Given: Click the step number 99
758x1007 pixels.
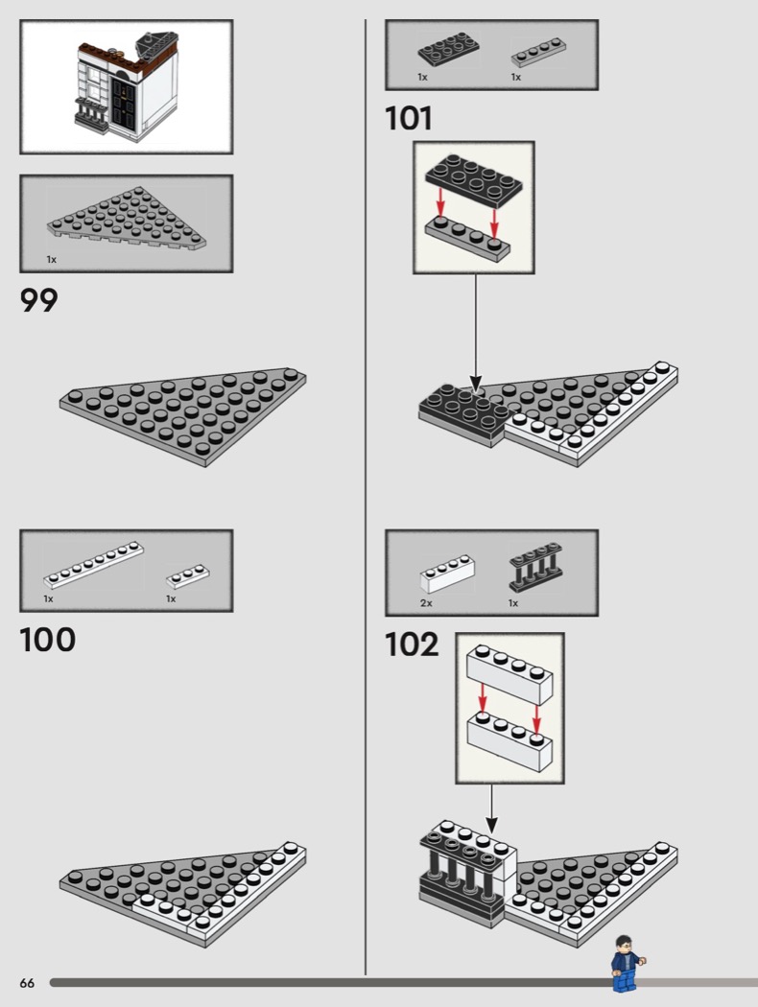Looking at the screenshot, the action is point(39,300).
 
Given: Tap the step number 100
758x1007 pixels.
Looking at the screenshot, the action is point(48,640).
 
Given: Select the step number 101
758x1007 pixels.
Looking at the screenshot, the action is point(409,119).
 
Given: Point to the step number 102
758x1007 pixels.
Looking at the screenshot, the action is point(412,644).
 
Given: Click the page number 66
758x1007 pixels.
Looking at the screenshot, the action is point(27,983).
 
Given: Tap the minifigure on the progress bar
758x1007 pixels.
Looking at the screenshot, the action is point(626,964).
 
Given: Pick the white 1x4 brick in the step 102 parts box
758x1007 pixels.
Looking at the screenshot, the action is point(448,574).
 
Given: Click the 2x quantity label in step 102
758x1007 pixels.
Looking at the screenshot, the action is point(427,603).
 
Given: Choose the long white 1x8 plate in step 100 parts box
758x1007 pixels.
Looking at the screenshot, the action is point(94,565).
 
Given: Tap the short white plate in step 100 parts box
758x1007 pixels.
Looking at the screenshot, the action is point(187,576).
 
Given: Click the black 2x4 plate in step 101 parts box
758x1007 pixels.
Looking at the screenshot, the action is point(449,50).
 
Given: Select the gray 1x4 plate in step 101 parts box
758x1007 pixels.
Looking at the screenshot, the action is point(539,53).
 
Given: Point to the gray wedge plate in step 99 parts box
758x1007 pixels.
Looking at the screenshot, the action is point(127,219).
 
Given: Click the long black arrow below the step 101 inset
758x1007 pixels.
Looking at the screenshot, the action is point(475,330).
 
